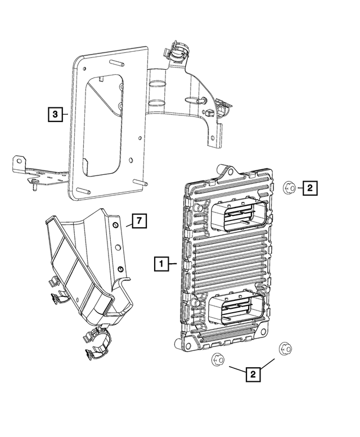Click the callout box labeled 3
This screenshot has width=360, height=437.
click(54, 115)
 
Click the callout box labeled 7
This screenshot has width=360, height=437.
click(139, 221)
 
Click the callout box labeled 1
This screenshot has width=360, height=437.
click(161, 263)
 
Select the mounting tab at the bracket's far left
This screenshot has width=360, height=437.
click(19, 165)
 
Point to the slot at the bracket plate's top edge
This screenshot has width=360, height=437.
click(117, 64)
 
